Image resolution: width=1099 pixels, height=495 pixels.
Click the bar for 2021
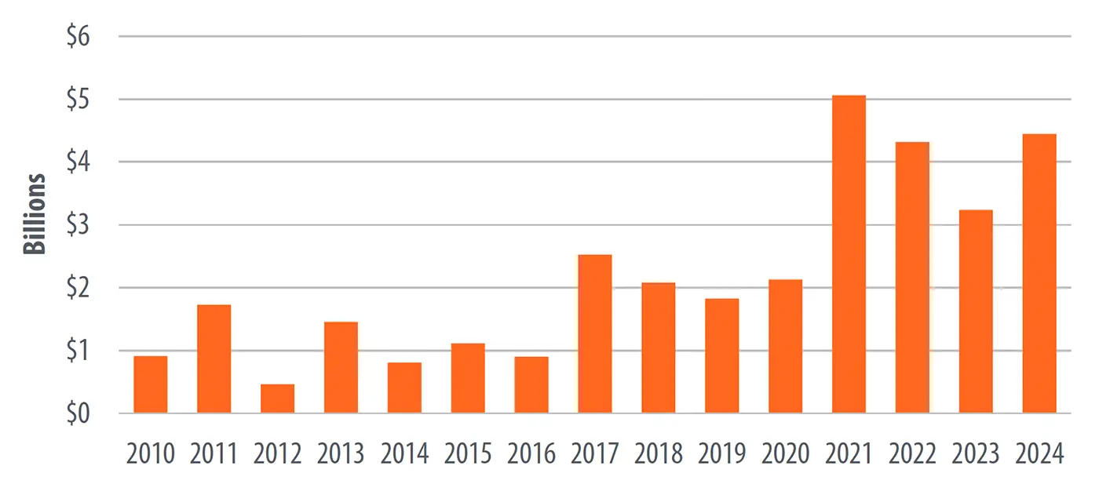pyautogui.click(x=849, y=254)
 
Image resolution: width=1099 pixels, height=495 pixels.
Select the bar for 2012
pyautogui.click(x=277, y=399)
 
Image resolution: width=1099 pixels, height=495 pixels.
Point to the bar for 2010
pyautogui.click(x=151, y=384)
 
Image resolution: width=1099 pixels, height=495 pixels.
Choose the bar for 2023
pyautogui.click(x=976, y=311)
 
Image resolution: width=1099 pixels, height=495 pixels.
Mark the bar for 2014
pyautogui.click(x=404, y=388)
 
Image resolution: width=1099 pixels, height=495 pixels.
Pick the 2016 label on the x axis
pyautogui.click(x=531, y=454)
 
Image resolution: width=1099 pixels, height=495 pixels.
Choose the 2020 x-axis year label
pyautogui.click(x=785, y=454)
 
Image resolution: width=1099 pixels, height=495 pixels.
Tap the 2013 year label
pyautogui.click(x=341, y=454)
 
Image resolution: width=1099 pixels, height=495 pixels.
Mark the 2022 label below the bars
pyautogui.click(x=912, y=454)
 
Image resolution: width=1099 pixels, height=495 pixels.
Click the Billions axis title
pyautogui.click(x=35, y=213)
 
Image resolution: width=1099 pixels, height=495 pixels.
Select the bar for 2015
pyautogui.click(x=468, y=378)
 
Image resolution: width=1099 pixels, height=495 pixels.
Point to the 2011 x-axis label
pyautogui.click(x=214, y=454)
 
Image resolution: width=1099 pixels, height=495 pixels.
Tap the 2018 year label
pyautogui.click(x=658, y=454)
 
